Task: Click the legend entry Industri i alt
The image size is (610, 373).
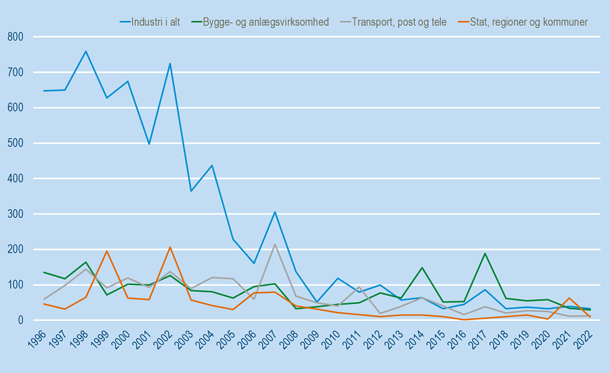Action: (155, 22)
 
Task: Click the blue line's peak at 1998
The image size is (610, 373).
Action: (86, 51)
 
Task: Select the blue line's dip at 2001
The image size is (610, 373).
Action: (149, 144)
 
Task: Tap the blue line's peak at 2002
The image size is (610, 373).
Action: (170, 64)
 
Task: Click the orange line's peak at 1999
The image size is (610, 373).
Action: (107, 251)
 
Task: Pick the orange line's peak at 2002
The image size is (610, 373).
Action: (170, 247)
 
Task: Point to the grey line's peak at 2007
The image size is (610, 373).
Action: (275, 244)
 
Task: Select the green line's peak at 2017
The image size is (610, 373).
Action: (485, 253)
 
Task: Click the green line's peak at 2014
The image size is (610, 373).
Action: (422, 267)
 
